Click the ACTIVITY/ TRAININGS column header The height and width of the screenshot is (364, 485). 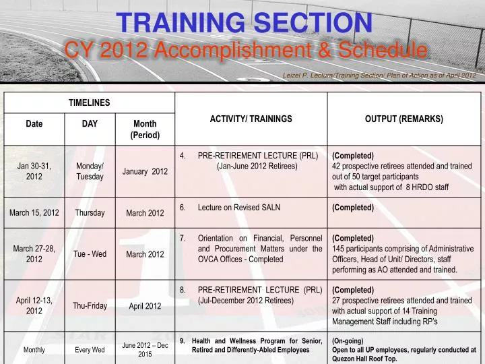click(x=251, y=119)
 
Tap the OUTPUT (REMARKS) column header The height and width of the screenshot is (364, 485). click(x=403, y=119)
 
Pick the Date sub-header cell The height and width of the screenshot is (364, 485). click(x=34, y=124)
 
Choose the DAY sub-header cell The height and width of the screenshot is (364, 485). click(x=90, y=124)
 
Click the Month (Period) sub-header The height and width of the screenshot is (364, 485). click(x=145, y=129)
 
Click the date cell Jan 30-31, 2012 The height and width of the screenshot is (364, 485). click(x=34, y=171)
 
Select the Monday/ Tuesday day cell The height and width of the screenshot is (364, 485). click(x=90, y=171)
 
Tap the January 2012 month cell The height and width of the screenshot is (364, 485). click(x=145, y=171)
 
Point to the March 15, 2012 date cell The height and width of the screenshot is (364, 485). click(x=34, y=213)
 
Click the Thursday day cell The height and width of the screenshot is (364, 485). click(x=90, y=213)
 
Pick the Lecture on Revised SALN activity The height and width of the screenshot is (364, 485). click(x=239, y=208)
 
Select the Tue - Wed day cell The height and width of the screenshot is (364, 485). click(x=90, y=254)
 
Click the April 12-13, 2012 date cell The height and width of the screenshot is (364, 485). click(x=34, y=305)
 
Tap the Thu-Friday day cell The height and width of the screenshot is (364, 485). click(x=90, y=305)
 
